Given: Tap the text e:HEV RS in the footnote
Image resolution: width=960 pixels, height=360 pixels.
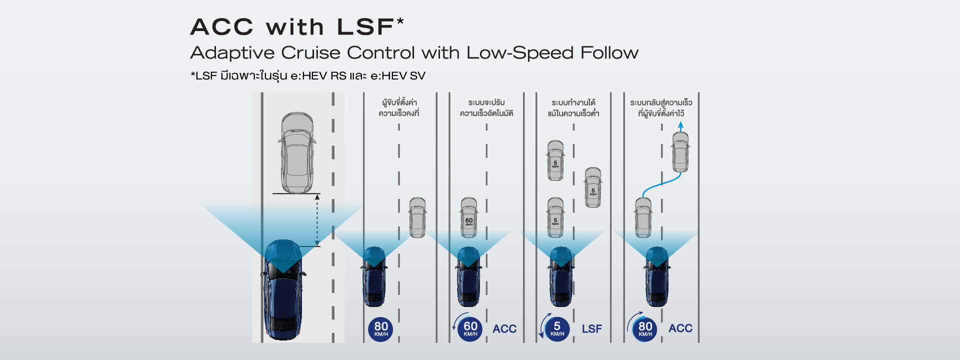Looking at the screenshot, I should pos(318,76).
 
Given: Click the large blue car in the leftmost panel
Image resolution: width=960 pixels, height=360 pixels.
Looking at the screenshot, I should pos(282,290).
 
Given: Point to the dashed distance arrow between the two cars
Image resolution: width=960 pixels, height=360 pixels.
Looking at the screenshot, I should pos(317,220).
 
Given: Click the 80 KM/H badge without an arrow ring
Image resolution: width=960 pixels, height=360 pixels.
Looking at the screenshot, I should pos(381,329).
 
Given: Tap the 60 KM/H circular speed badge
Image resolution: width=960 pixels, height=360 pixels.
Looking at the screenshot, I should pos(470,329).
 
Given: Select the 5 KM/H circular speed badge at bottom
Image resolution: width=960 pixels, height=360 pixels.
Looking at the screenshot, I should pos(557,329).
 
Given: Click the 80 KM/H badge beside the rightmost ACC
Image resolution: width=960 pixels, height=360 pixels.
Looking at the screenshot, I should pos(645,328).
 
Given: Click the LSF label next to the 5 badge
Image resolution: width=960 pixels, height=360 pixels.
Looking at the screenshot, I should pos(592,329).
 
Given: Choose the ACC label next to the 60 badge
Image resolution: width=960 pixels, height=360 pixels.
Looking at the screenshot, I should pos(504,329).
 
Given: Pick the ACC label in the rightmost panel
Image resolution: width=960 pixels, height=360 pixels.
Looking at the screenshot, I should pos(680,328).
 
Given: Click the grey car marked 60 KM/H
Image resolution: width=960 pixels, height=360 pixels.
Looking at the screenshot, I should pos(469,217).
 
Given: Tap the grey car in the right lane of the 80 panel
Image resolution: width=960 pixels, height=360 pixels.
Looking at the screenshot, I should pos(417,217).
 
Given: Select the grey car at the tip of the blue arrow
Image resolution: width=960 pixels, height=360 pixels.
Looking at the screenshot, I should pos(680,152).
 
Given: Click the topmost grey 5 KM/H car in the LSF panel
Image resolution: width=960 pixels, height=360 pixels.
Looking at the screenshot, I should pos(555,160).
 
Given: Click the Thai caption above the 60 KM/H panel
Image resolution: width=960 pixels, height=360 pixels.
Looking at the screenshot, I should pos(486,108).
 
